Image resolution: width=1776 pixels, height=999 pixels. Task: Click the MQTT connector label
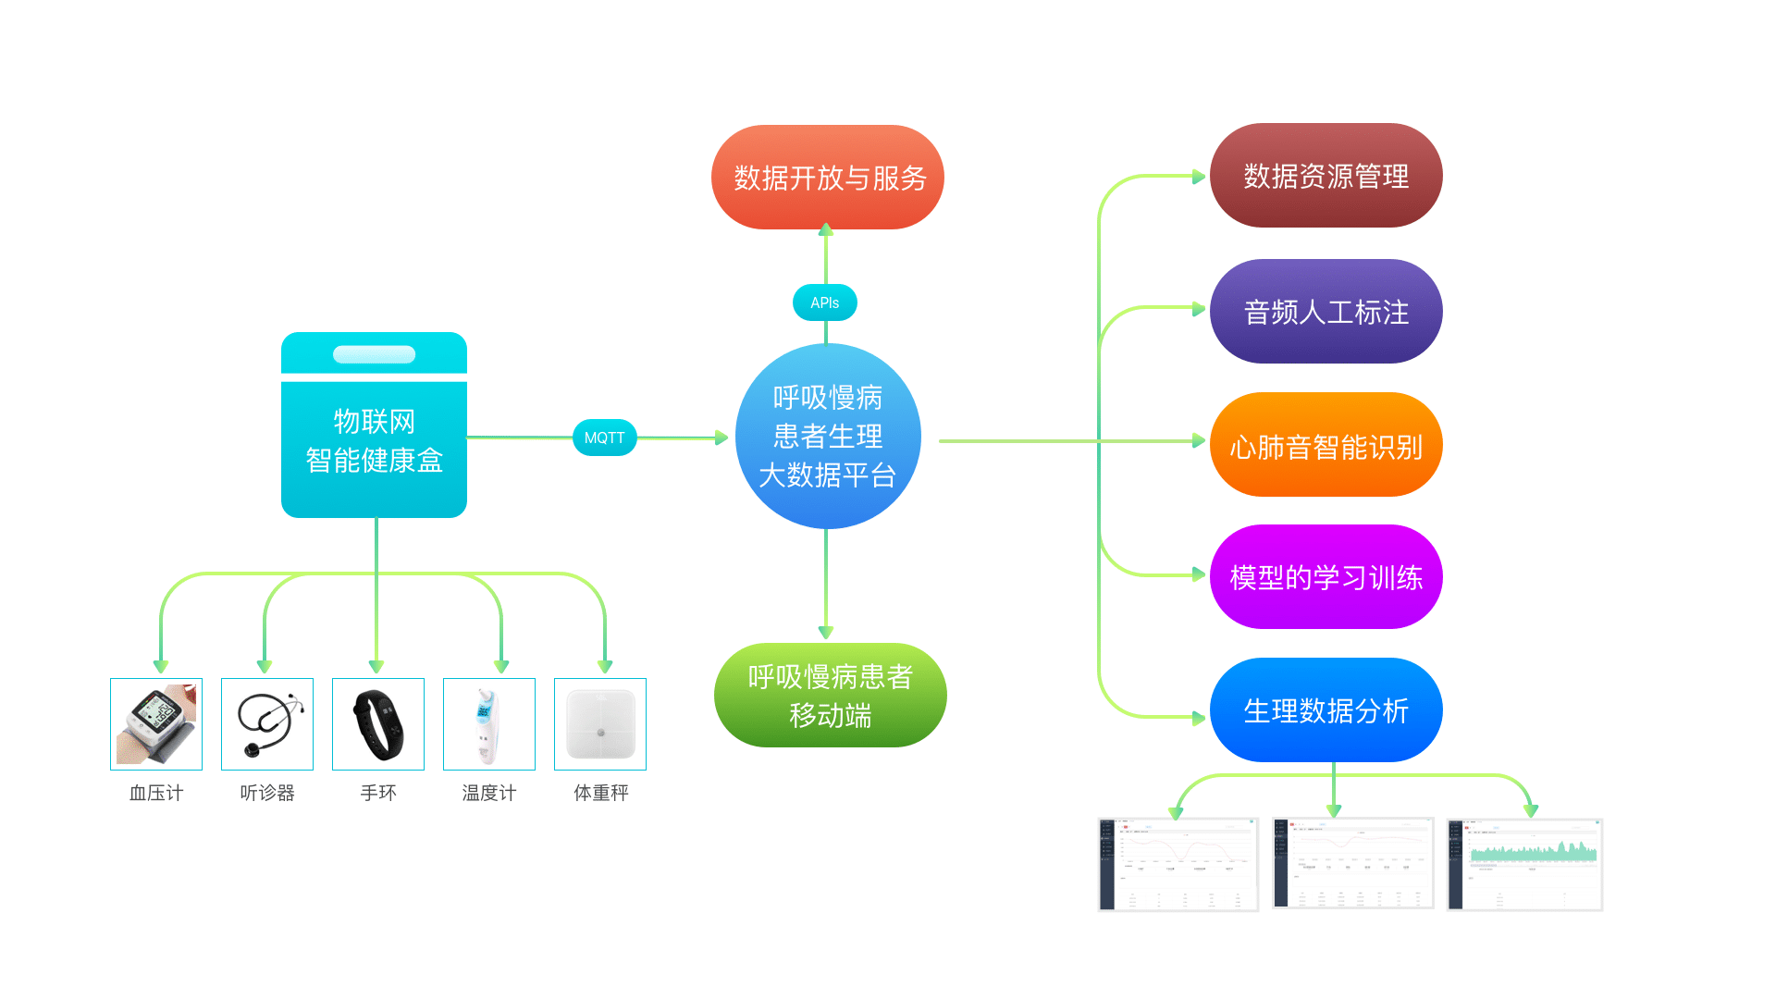605,438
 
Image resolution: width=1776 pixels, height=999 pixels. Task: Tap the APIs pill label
824,302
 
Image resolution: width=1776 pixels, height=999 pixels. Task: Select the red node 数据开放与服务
828,178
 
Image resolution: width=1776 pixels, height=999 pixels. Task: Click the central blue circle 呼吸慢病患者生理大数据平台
828,436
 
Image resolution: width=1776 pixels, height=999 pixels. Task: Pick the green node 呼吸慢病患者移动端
830,696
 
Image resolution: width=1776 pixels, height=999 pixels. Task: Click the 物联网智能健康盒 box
374,442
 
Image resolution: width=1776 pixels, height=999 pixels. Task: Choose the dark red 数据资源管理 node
1326,176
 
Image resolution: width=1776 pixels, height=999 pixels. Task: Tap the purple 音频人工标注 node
1326,312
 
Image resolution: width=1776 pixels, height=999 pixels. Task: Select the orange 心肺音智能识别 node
1326,446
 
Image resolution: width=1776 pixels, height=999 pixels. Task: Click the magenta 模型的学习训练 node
1326,577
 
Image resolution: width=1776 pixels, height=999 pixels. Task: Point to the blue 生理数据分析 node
1326,710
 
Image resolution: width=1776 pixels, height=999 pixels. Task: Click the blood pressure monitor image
156,724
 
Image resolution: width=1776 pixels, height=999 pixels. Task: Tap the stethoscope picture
267,724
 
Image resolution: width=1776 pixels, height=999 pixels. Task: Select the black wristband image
378,724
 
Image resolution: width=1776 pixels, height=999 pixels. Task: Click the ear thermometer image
489,724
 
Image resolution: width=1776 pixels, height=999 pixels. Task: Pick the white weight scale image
600,724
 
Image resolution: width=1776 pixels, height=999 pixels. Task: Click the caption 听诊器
267,793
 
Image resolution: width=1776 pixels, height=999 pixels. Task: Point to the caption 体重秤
600,793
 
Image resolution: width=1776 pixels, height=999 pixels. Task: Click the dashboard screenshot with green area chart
1524,865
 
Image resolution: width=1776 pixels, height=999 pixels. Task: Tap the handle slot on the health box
374,354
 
